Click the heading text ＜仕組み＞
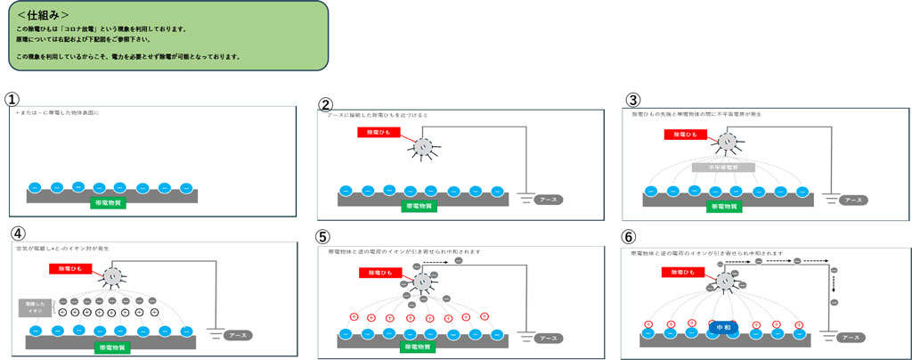pyautogui.click(x=45, y=14)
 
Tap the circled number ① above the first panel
pyautogui.click(x=12, y=99)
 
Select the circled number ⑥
pyautogui.click(x=629, y=237)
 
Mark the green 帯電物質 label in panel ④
pyautogui.click(x=112, y=348)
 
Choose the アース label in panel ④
pyautogui.click(x=237, y=335)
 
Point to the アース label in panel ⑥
pyautogui.click(x=850, y=338)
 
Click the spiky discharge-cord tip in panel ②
pyautogui.click(x=424, y=147)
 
